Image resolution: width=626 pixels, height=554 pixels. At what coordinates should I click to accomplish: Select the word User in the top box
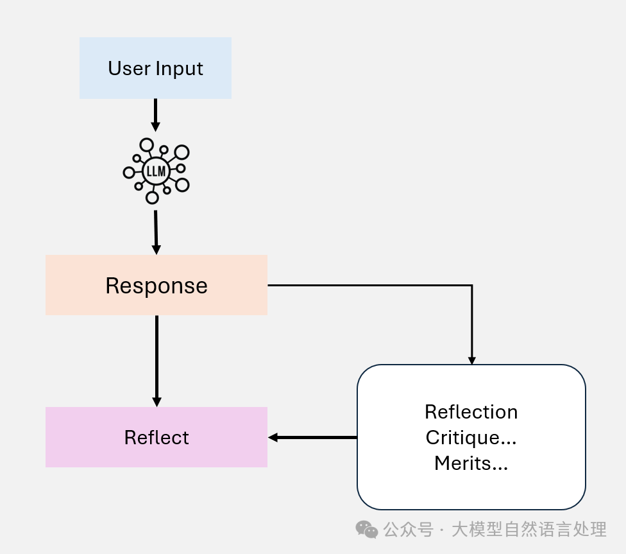pyautogui.click(x=125, y=69)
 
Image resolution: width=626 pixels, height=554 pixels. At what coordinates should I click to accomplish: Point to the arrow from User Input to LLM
pyautogui.click(x=155, y=115)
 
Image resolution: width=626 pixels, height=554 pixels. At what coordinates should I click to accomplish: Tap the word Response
pyautogui.click(x=156, y=286)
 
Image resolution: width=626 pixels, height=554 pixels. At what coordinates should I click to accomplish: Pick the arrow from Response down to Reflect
pyautogui.click(x=156, y=359)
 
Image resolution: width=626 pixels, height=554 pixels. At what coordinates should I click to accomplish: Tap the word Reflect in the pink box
pyautogui.click(x=156, y=438)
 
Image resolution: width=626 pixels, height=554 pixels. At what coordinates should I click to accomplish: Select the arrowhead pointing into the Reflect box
pyautogui.click(x=273, y=437)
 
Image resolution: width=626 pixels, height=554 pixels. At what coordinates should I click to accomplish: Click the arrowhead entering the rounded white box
pyautogui.click(x=472, y=361)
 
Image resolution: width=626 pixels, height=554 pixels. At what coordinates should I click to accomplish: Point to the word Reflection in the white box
pyautogui.click(x=471, y=411)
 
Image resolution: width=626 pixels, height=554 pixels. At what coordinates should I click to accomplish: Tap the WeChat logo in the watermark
pyautogui.click(x=367, y=530)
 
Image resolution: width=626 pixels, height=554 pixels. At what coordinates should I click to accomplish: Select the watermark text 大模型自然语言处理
pyautogui.click(x=529, y=530)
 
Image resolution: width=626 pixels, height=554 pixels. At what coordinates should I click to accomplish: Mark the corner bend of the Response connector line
pyautogui.click(x=472, y=285)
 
